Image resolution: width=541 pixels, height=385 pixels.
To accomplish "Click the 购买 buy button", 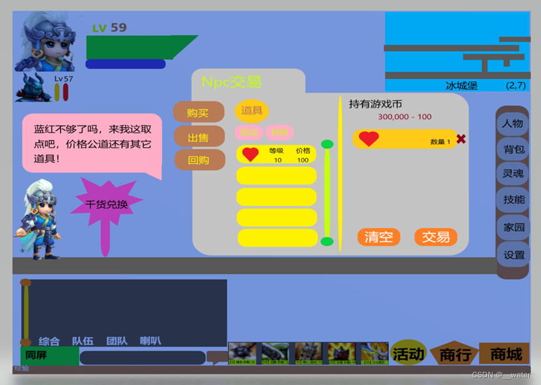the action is point(198,113).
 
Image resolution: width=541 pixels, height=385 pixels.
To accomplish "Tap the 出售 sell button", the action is point(198,137).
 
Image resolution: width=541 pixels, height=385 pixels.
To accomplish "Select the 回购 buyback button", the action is point(199,160).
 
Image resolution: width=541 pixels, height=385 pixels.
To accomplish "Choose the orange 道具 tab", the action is point(251,111).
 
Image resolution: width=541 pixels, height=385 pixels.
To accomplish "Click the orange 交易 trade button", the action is point(435,237).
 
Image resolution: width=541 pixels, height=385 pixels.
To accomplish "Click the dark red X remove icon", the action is point(461,139).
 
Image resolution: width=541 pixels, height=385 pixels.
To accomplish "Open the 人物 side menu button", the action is point(513,123).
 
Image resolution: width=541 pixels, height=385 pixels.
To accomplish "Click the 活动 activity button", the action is point(408,354).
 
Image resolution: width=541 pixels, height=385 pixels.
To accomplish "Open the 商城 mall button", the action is point(505,354).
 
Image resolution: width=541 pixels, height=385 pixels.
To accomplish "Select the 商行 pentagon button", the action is point(455,354).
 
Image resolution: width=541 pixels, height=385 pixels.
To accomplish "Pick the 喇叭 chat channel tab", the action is point(150,341).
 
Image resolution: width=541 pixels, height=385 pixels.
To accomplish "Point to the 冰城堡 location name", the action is point(462,86).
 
